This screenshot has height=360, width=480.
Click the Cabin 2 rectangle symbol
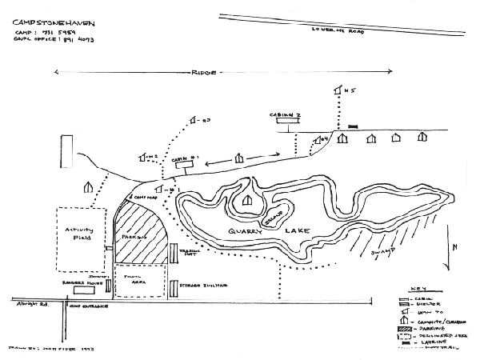(285, 123)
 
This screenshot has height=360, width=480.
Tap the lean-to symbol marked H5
(338, 90)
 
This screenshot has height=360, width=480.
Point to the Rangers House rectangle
(84, 291)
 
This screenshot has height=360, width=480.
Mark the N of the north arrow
(454, 248)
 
